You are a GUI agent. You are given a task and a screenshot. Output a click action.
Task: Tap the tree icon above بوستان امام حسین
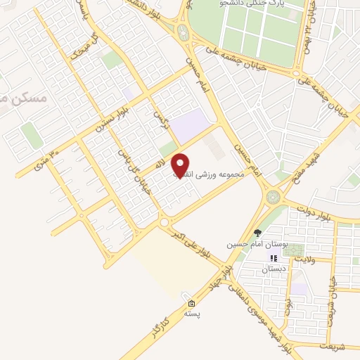click(259, 232)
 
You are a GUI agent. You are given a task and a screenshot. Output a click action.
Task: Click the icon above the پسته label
click(191, 304)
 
